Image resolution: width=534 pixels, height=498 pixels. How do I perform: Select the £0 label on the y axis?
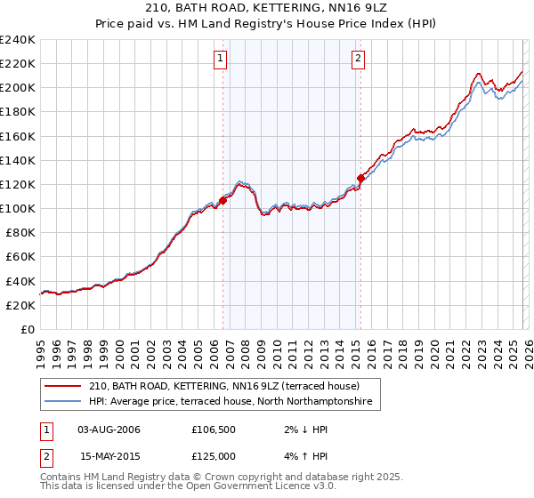tap(28, 329)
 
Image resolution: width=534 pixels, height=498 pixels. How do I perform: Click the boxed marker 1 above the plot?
tap(220, 60)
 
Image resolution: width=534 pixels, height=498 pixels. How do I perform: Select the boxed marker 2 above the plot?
tap(358, 60)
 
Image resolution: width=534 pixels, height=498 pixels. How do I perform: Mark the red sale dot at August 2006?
tap(222, 200)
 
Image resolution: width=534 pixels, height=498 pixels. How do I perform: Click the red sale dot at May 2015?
tap(360, 177)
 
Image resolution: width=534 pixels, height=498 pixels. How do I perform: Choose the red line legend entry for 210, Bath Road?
tap(222, 387)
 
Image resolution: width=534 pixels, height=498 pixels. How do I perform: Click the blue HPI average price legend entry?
tap(233, 403)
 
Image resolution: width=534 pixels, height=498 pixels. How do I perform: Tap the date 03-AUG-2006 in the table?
tap(109, 430)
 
